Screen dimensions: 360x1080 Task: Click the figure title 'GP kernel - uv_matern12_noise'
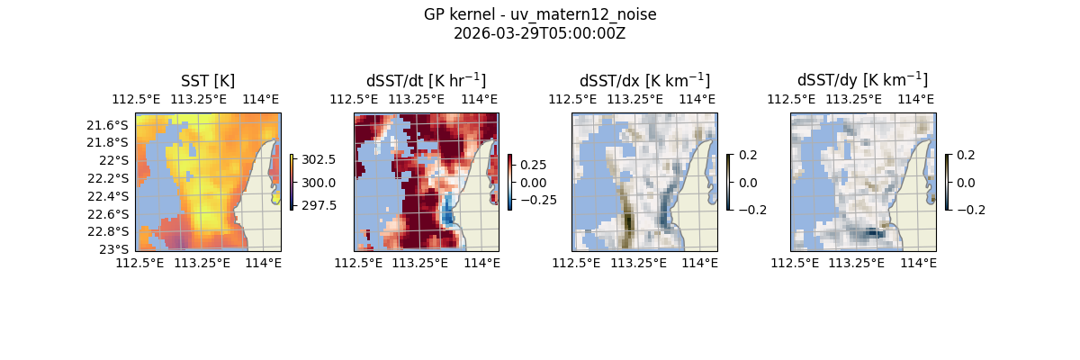[x=540, y=15]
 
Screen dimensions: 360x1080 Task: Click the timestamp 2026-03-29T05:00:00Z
[x=540, y=33]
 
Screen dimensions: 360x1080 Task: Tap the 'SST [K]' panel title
[x=208, y=81]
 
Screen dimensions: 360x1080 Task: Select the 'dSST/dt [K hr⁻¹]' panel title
[x=426, y=80]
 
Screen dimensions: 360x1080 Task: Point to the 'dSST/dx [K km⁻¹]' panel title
[x=644, y=80]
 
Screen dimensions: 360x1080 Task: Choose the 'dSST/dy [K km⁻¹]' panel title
[x=862, y=80]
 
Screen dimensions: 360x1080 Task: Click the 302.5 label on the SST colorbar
[x=319, y=159]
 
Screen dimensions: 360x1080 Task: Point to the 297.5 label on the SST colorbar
[x=319, y=205]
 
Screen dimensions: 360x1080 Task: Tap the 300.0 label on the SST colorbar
[x=319, y=183]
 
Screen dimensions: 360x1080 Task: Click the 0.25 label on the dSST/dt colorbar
[x=534, y=165]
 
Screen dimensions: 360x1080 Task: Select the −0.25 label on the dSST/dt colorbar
[x=537, y=200]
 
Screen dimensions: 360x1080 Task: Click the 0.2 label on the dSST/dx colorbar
[x=748, y=155]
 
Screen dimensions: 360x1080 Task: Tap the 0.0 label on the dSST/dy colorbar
[x=967, y=182]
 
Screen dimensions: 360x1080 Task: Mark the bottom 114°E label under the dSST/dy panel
[x=918, y=263]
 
